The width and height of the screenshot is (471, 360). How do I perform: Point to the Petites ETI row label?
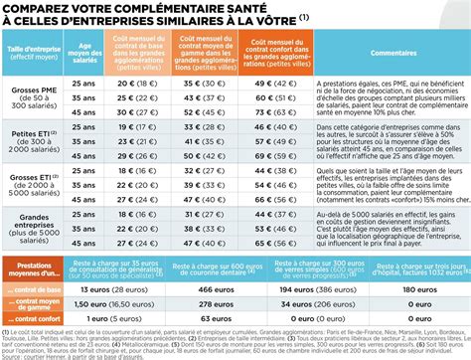pyautogui.click(x=34, y=147)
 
